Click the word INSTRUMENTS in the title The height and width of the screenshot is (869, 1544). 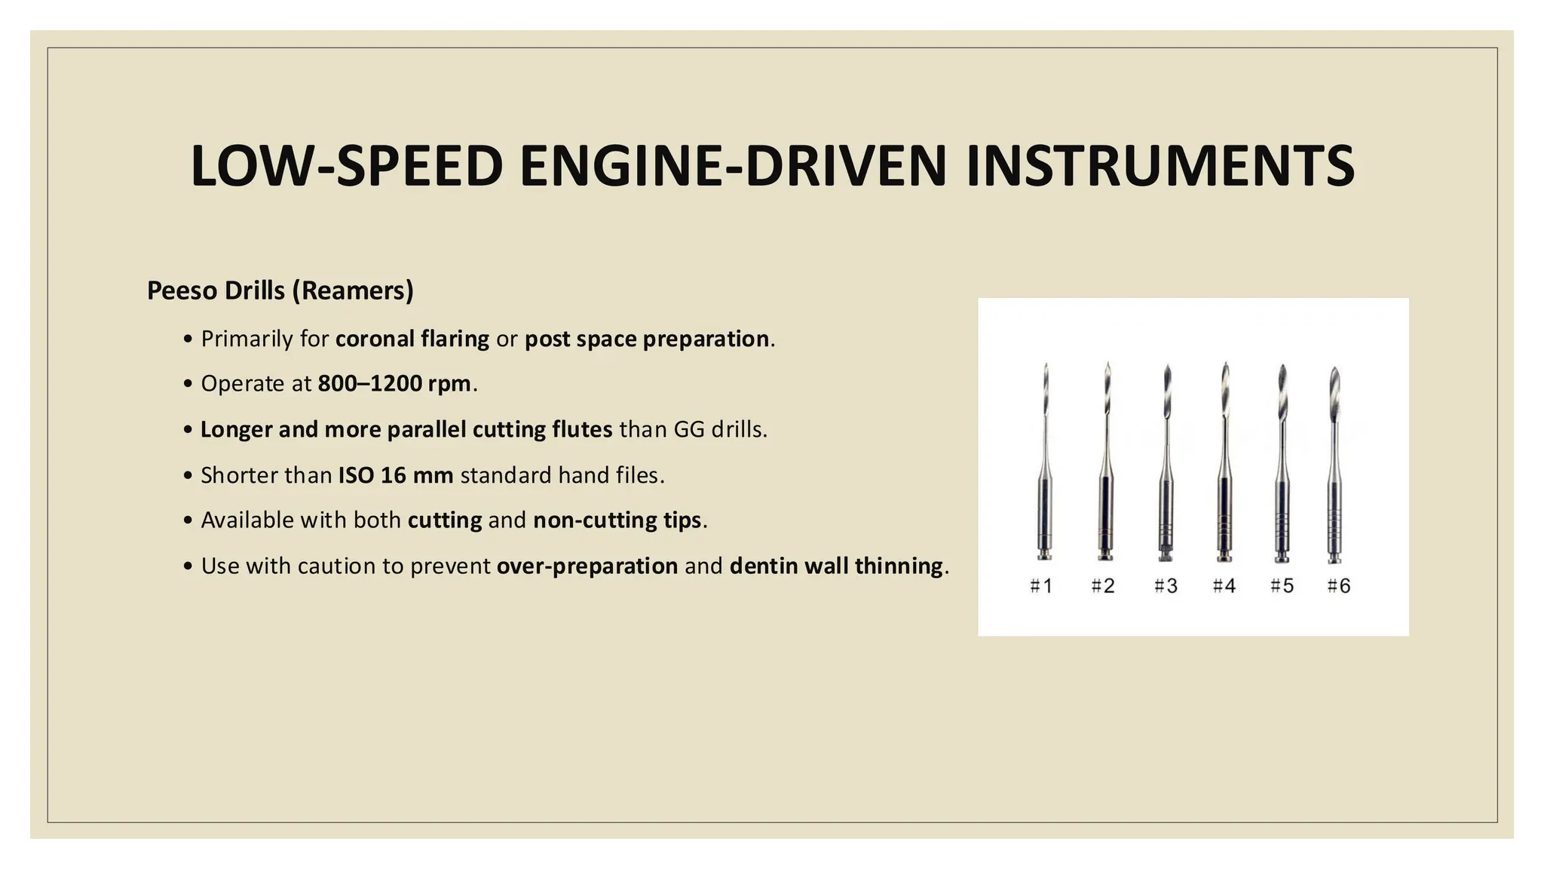[x=1160, y=166]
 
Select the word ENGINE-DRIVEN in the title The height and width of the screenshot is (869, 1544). [x=733, y=166]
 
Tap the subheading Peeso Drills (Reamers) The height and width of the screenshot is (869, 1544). [x=280, y=290]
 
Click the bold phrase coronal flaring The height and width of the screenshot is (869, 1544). [x=412, y=339]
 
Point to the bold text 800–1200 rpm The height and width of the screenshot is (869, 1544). [x=394, y=384]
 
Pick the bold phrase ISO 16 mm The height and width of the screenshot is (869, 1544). [x=396, y=475]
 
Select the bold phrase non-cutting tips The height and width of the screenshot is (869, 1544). [x=617, y=520]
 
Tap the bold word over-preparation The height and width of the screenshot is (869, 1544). [x=587, y=566]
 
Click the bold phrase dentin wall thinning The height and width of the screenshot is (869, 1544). [x=836, y=566]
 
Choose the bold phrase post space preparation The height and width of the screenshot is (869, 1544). [x=647, y=339]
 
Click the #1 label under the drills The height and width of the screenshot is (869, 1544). [x=1041, y=586]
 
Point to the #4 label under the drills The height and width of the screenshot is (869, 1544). [x=1224, y=586]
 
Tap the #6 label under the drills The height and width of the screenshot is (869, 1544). [x=1339, y=586]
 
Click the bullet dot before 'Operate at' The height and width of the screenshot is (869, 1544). [x=187, y=385]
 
